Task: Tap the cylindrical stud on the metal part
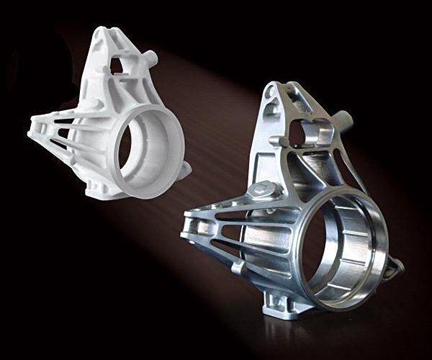(x=343, y=117)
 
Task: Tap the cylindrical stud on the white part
(x=152, y=57)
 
